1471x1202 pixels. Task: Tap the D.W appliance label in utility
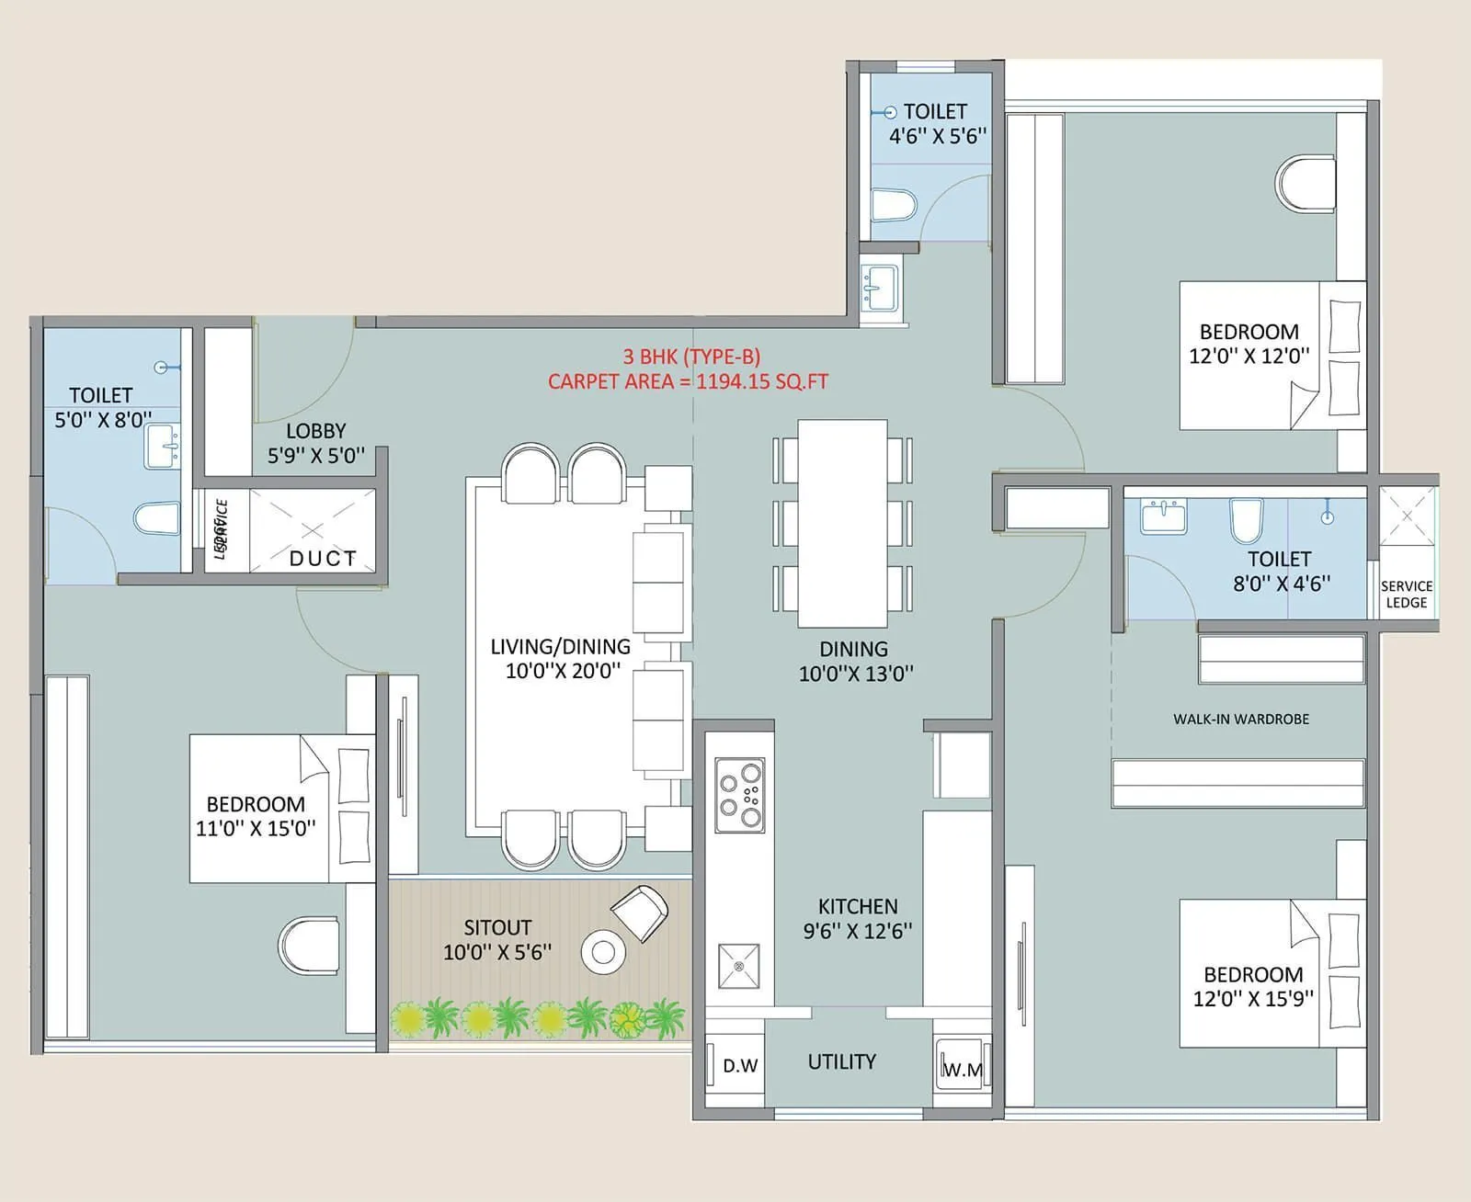click(x=740, y=1066)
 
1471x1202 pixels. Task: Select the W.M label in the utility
click(x=963, y=1070)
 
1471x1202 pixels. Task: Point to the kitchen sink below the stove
click(x=739, y=965)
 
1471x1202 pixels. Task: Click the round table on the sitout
click(x=603, y=952)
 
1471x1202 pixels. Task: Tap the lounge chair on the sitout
click(x=639, y=912)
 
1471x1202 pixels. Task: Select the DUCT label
click(x=323, y=558)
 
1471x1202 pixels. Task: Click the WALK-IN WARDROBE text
click(x=1240, y=719)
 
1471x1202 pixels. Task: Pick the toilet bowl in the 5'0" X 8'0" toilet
click(x=156, y=519)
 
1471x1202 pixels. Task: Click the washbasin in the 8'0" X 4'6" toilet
click(x=1164, y=516)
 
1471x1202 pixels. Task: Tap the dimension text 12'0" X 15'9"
click(x=1253, y=999)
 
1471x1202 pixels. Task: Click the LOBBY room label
click(x=315, y=430)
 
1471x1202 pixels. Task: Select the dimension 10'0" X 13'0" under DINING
click(x=855, y=674)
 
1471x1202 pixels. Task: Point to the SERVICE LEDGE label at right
click(x=1406, y=594)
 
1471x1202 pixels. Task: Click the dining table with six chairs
click(x=842, y=524)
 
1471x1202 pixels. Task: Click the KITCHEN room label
click(x=858, y=906)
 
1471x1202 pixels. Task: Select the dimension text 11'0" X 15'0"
click(x=256, y=828)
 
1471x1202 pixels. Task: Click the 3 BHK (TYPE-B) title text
click(x=691, y=357)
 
